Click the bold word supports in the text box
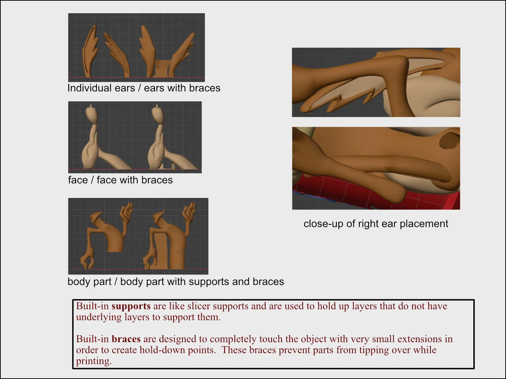click(131, 306)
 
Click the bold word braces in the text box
click(126, 339)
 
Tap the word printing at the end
click(94, 361)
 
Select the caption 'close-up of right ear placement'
click(376, 224)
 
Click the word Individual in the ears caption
click(101, 88)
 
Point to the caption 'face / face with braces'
click(120, 180)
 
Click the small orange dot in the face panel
click(173, 169)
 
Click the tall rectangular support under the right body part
click(161, 251)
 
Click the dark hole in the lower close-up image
click(449, 139)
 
